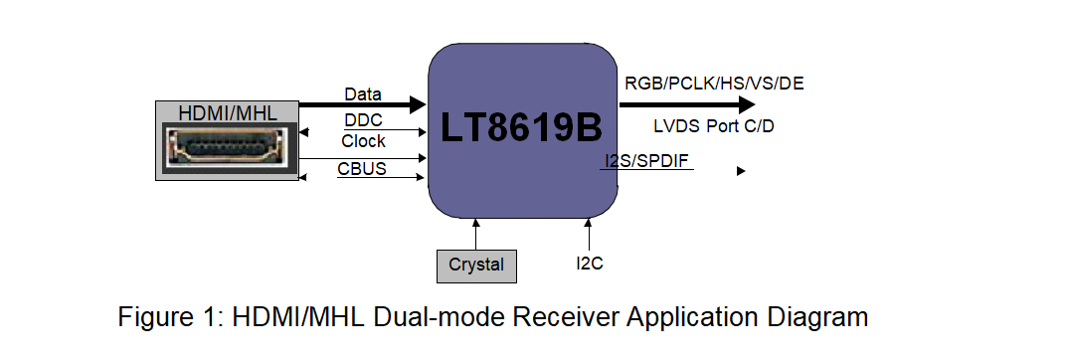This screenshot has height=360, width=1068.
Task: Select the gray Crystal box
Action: coord(475,266)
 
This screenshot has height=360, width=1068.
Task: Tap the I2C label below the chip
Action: coord(590,265)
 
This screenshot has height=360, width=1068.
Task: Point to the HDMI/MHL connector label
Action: coord(228,111)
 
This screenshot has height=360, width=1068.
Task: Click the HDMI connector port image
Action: coord(228,150)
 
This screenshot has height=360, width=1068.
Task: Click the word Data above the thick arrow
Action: coord(363,94)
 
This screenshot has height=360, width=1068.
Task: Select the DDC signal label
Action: coord(363,119)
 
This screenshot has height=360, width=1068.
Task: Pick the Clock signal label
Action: coord(363,141)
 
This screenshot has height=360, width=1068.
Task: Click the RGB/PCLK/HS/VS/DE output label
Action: coord(714,84)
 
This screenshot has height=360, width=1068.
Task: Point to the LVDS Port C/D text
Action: coord(713,126)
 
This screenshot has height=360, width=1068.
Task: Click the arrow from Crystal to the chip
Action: coord(475,234)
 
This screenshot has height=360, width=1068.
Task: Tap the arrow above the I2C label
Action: coord(589,236)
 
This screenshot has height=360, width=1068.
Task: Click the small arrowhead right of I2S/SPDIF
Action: coord(741,171)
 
